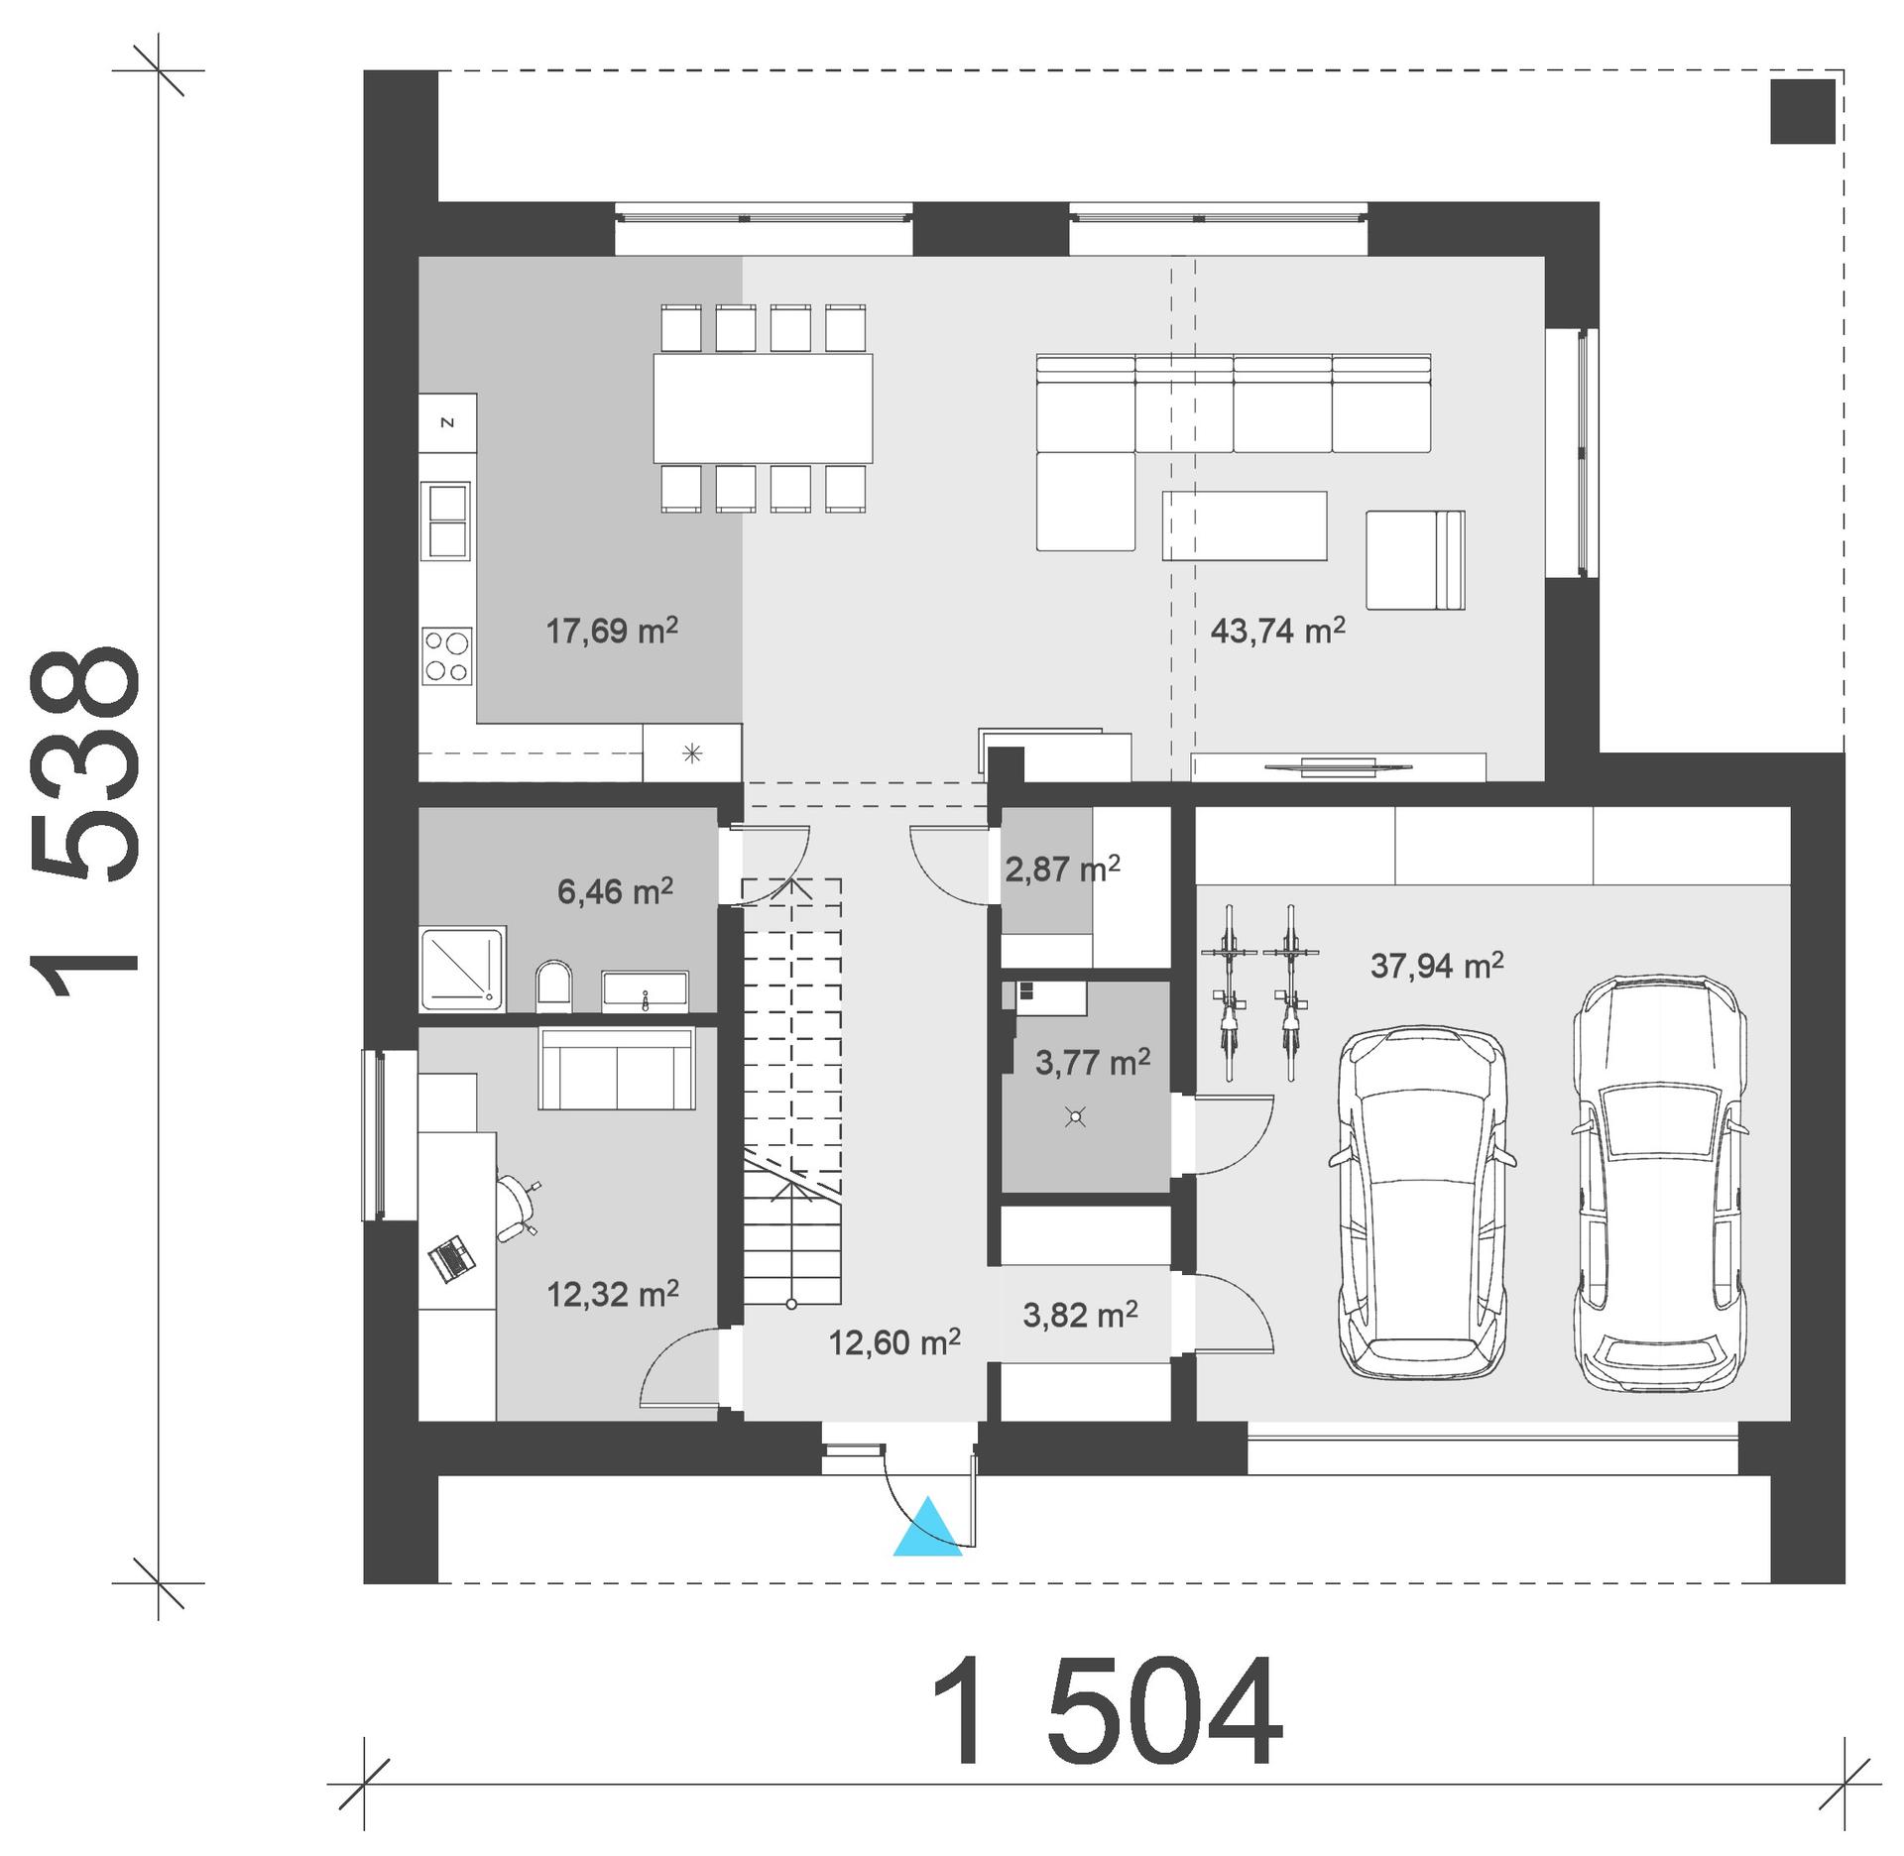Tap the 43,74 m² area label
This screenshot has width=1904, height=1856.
pos(1277,631)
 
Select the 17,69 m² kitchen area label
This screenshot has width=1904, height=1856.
pos(612,631)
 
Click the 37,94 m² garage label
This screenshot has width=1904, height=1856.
pos(1437,965)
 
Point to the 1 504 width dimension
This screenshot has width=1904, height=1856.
pos(1106,1712)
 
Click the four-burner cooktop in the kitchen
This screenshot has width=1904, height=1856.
pos(446,656)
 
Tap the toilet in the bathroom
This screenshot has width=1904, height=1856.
pos(554,987)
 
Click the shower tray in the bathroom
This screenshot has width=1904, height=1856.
pos(463,969)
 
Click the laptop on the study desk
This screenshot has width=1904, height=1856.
pos(452,1259)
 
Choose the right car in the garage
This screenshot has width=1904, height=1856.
pos(1659,1182)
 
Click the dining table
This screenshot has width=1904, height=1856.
pos(763,407)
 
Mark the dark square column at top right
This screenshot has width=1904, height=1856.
pos(1802,111)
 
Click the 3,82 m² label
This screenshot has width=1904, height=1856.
pos(1080,1315)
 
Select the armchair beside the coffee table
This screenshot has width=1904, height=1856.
pos(1414,560)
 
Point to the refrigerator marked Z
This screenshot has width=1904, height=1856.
pos(447,423)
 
